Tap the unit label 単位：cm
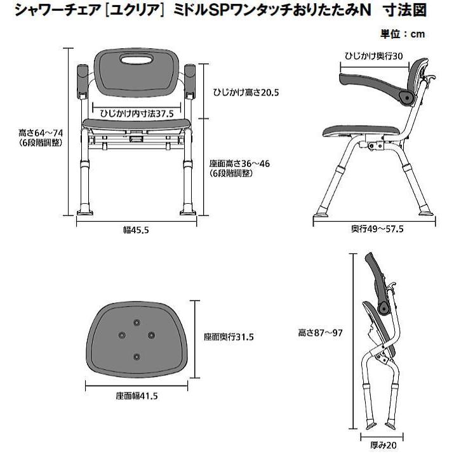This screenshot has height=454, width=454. click(403, 34)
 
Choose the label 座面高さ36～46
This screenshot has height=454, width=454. click(239, 163)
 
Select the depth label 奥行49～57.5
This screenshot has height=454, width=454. click(378, 229)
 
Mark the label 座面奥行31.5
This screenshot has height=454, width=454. click(229, 337)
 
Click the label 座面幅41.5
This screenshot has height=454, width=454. click(137, 396)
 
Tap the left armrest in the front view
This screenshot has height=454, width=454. click(83, 83)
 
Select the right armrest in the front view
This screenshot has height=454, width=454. click(192, 82)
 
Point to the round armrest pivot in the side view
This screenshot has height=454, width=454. click(404, 96)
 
